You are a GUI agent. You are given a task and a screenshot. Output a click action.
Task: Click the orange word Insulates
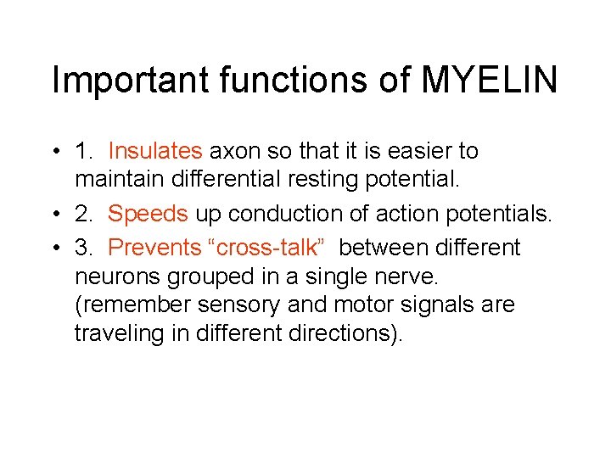(155, 152)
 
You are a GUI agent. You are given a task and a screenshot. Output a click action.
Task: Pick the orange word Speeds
(148, 215)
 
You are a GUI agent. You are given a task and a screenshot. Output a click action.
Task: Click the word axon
(233, 152)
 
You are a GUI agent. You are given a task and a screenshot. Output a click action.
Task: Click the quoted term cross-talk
(264, 248)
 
